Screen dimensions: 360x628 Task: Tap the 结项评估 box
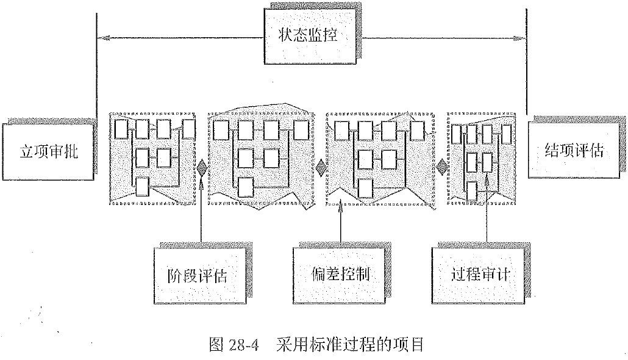(x=573, y=149)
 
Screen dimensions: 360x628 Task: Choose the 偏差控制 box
(x=339, y=274)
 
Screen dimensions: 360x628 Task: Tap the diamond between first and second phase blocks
(x=201, y=166)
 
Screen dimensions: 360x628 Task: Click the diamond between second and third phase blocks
(x=321, y=166)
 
